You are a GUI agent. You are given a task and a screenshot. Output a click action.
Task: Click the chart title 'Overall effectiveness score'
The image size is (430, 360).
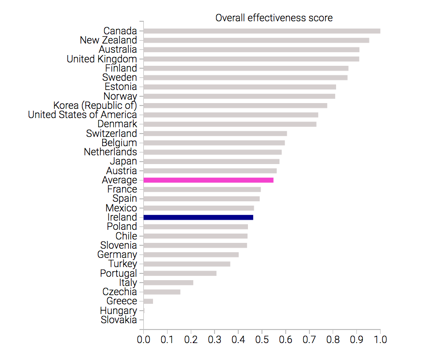(274, 18)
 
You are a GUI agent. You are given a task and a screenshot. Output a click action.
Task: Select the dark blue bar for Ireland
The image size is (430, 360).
(199, 217)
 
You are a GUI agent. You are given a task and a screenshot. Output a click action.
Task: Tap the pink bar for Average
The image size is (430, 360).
(209, 180)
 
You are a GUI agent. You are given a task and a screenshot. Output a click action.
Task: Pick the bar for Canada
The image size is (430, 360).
(262, 31)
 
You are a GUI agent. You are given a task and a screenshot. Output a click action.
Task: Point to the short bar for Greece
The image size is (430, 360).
(149, 301)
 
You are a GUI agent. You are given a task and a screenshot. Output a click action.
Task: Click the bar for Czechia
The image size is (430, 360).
(162, 292)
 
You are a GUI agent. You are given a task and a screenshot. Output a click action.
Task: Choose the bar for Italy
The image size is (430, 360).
(169, 283)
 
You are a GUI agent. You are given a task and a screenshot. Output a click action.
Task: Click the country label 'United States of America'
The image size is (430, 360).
(82, 115)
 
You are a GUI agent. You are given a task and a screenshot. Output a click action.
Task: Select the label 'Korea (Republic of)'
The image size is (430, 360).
(95, 105)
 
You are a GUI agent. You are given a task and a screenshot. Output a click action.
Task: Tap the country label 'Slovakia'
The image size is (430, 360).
(119, 320)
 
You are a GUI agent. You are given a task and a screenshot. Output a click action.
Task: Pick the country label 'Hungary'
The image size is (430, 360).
(118, 311)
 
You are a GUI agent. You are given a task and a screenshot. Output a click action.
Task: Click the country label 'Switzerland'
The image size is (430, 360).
(111, 134)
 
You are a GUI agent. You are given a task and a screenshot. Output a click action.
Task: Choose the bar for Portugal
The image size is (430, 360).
(180, 273)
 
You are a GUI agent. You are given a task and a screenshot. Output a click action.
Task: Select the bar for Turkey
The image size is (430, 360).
(187, 264)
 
